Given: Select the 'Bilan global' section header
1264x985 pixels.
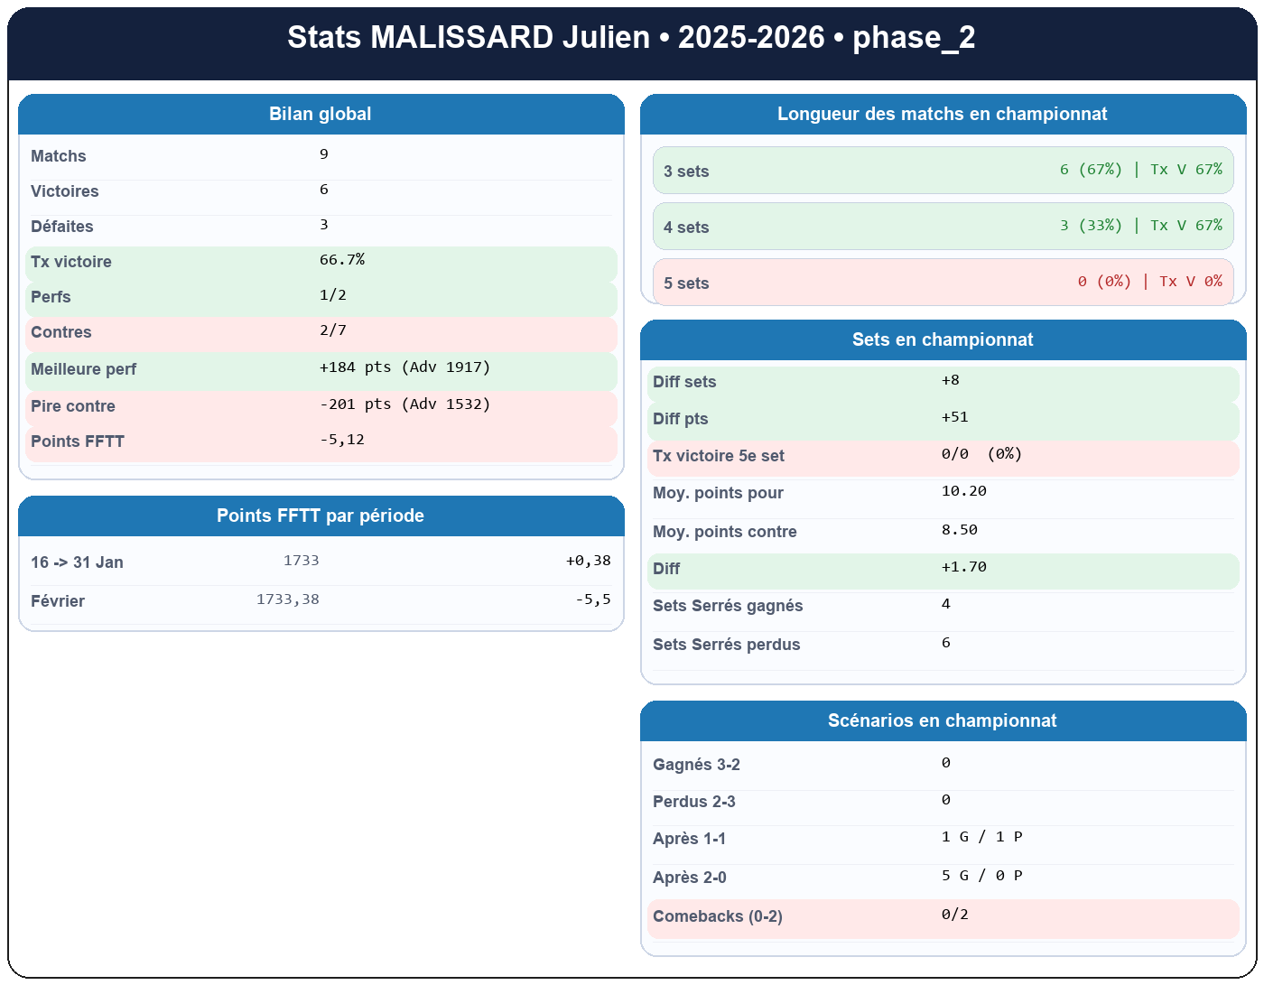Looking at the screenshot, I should (321, 115).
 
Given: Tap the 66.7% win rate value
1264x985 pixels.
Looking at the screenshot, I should (342, 260).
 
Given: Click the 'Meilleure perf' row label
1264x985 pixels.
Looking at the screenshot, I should (83, 369).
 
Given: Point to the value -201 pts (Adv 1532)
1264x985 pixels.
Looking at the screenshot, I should (404, 404).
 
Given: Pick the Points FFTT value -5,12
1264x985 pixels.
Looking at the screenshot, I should (342, 440).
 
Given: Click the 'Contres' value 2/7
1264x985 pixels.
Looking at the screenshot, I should (333, 330).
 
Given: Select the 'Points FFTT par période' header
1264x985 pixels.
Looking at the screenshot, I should (321, 516).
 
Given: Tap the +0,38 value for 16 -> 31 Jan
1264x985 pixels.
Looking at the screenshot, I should (588, 561).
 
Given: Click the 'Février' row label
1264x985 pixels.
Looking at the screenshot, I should (58, 601).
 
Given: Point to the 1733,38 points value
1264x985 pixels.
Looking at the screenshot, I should (287, 599).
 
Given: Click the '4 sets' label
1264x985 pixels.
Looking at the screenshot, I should (686, 228).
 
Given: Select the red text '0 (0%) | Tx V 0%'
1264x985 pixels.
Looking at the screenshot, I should (1149, 282).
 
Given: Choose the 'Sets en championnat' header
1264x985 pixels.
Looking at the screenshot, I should (943, 340).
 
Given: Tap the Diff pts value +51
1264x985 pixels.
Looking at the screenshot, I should (954, 417).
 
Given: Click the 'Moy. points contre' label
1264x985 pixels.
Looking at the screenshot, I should (724, 532).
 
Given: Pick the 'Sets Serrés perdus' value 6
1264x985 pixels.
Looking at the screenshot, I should (945, 643).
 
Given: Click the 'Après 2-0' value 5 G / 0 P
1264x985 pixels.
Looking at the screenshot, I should (981, 876).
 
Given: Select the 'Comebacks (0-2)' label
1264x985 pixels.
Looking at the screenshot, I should (717, 916).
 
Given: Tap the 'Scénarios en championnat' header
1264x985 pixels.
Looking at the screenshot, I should (943, 721).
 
